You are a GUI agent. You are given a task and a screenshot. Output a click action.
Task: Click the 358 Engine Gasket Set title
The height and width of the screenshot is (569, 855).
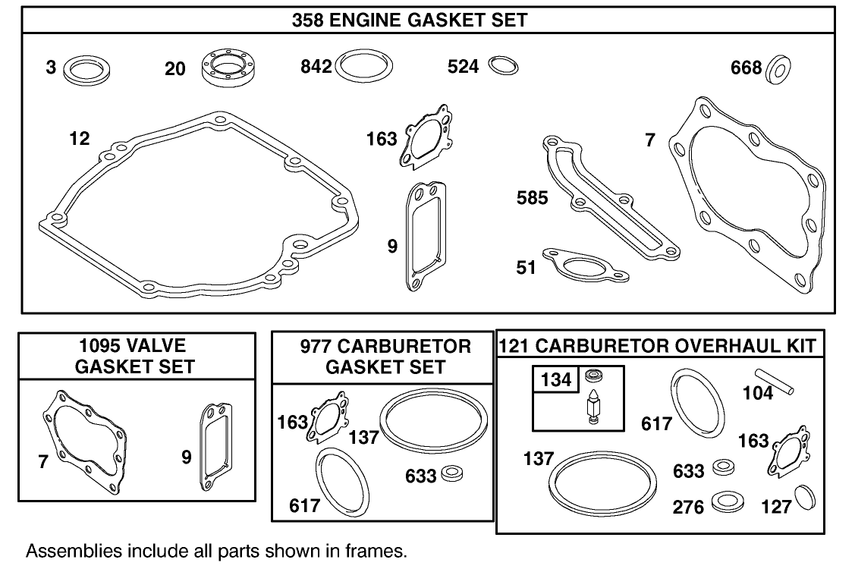[x=409, y=20]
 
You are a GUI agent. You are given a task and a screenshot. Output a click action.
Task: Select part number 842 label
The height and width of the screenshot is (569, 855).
[x=316, y=68]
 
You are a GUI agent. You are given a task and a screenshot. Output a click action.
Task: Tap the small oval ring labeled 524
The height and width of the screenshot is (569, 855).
[x=503, y=66]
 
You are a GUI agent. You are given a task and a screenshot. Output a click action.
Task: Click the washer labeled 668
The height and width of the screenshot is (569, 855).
[x=778, y=68]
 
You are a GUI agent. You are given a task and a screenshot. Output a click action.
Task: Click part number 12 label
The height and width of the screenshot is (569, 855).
[x=78, y=139]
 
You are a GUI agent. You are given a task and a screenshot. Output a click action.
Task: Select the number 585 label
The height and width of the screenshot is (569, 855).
[x=532, y=197]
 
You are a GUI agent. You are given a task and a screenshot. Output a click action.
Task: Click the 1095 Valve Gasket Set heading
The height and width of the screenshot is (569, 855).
[x=137, y=356]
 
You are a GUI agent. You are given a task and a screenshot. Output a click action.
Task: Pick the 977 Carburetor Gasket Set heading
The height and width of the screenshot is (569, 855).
[x=385, y=356]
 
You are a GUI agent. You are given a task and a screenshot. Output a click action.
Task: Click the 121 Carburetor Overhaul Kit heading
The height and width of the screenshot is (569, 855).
[x=658, y=347]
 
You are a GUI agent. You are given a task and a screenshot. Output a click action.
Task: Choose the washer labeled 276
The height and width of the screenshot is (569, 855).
[x=728, y=503]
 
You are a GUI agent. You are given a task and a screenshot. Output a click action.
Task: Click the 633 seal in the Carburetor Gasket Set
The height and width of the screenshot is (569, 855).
[x=454, y=473]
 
